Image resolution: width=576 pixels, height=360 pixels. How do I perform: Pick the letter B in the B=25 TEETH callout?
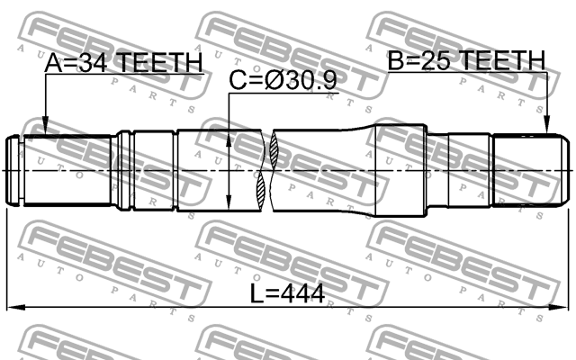pos(397,60)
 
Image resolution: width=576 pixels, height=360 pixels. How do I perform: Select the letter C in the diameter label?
pos(237,81)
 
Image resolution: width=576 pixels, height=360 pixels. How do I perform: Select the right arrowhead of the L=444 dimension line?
pos(568,309)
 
